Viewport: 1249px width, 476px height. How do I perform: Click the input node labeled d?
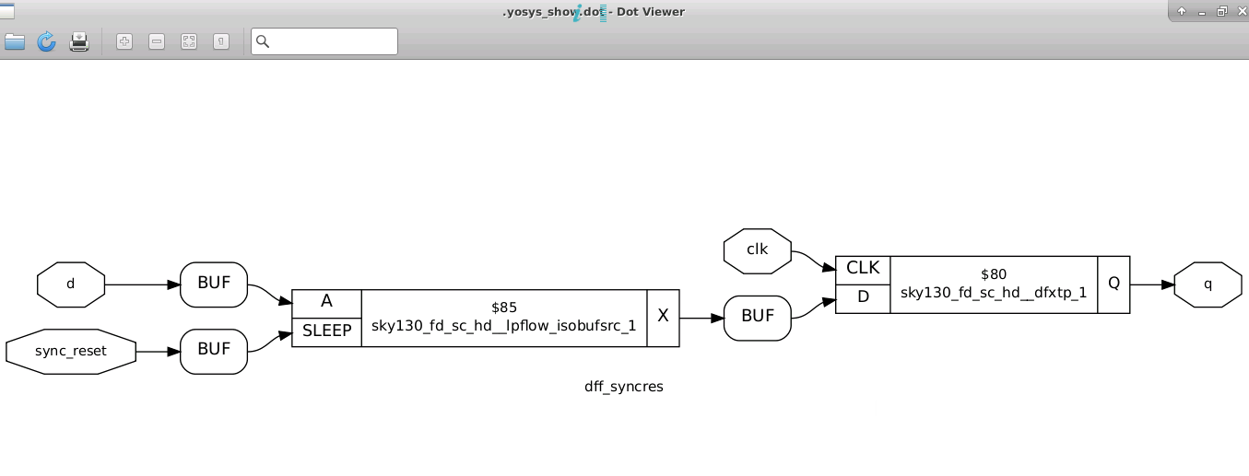pos(71,284)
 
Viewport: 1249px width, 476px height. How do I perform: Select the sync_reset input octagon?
pos(71,352)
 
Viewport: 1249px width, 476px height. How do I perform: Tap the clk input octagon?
pos(758,250)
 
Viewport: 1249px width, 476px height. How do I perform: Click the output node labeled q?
pos(1208,284)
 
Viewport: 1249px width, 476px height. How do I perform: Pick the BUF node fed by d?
pos(214,284)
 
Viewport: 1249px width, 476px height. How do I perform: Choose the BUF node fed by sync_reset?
pos(214,352)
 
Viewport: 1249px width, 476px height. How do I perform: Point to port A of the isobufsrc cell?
pos(326,302)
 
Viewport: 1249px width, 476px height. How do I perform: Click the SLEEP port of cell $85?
pos(326,331)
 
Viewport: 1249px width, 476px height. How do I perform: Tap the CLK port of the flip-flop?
pos(863,269)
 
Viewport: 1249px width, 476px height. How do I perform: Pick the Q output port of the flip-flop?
pos(1113,284)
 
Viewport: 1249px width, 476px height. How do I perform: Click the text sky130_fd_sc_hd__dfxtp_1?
pos(994,293)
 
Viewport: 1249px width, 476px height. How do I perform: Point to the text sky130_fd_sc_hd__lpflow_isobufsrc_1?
pos(504,326)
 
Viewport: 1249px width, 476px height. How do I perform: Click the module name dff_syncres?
pos(624,387)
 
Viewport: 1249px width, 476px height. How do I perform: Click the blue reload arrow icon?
pos(46,41)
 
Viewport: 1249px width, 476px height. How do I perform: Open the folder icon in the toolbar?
pos(14,41)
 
